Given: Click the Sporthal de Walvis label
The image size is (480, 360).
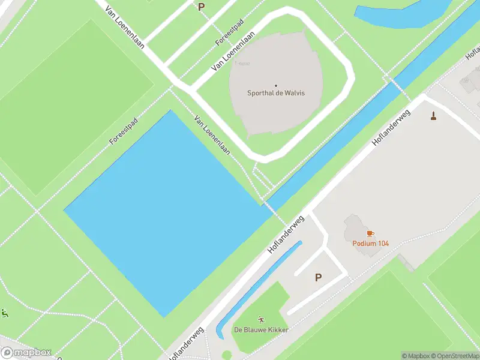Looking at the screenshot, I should click(x=276, y=93).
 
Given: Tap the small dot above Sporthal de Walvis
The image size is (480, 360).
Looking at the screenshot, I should click(x=276, y=85).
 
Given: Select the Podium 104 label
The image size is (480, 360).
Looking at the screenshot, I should click(x=370, y=243).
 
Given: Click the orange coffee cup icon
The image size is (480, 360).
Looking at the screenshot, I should click(x=370, y=233).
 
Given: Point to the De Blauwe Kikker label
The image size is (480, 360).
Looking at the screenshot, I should click(x=261, y=330).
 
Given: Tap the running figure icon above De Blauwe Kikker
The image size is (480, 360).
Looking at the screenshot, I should click(x=261, y=320).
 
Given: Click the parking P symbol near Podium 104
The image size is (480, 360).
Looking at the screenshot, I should click(x=318, y=277).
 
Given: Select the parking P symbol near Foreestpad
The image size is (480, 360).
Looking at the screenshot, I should click(x=201, y=7).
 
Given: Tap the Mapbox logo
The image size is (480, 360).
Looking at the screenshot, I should click(x=26, y=353).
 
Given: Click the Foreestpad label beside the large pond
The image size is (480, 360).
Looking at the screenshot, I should click(x=124, y=131).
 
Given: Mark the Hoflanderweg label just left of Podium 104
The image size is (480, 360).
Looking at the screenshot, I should click(x=287, y=233).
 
